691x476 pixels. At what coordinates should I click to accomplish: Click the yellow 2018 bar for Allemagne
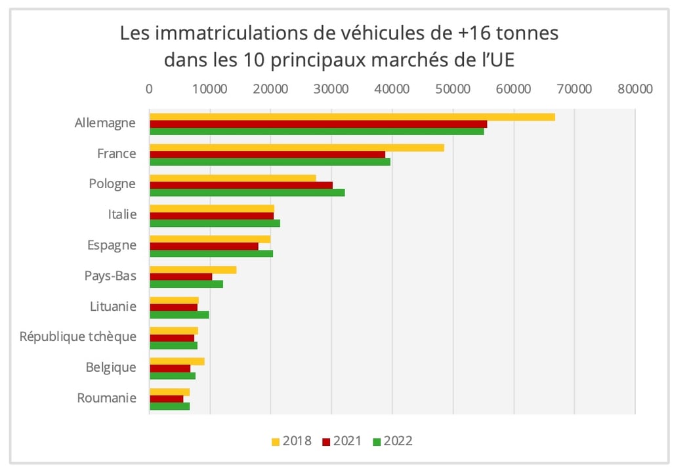(352, 117)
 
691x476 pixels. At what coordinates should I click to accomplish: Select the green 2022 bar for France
(270, 162)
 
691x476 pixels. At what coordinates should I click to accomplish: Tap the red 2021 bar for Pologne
(241, 185)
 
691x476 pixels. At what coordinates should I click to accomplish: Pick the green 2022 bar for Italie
(215, 223)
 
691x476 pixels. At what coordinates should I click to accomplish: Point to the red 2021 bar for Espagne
(203, 246)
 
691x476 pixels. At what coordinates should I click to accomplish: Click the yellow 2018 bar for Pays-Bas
(193, 269)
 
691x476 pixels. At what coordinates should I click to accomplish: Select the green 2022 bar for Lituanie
(179, 315)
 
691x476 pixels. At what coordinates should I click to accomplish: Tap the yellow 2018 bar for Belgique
(177, 361)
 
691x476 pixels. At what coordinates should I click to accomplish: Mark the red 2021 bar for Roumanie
(166, 399)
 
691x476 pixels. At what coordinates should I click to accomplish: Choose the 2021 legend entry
(341, 441)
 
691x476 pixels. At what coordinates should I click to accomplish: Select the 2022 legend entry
(392, 441)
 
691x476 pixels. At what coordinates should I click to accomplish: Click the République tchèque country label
(78, 336)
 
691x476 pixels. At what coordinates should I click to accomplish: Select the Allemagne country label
(105, 123)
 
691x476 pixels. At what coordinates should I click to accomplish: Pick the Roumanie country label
(106, 398)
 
